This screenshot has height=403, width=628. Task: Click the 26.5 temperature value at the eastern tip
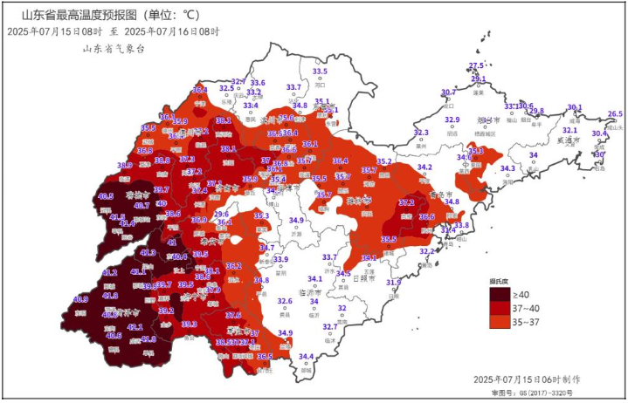[615, 114]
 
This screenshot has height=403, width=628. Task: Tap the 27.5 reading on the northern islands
[476, 66]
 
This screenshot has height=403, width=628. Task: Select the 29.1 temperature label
[479, 79]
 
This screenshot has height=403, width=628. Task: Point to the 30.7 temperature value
[448, 92]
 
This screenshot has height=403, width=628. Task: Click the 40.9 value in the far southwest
[80, 299]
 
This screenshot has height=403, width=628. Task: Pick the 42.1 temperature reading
[135, 327]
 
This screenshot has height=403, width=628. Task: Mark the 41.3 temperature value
[148, 253]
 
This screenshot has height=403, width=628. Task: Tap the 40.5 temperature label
[106, 196]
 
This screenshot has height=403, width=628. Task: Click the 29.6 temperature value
[221, 214]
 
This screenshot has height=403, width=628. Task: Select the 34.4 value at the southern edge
[306, 356]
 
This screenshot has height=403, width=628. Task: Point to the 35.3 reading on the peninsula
[476, 151]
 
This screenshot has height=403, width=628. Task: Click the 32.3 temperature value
[421, 133]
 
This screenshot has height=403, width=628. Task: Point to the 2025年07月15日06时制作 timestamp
[526, 380]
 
